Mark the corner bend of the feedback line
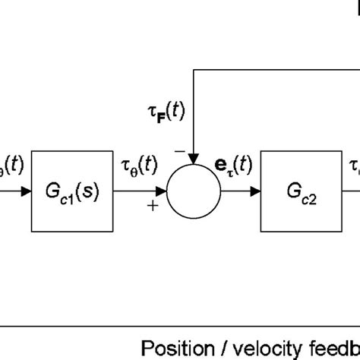(195, 69)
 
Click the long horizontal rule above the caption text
(180, 325)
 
